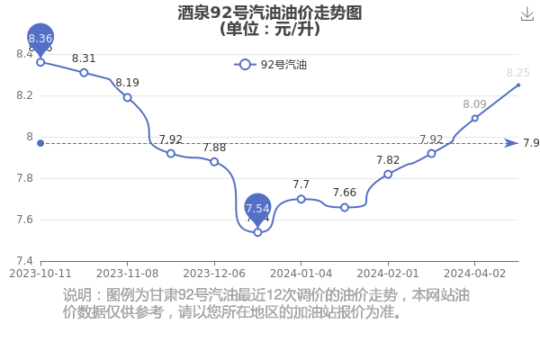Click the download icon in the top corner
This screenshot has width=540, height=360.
pyautogui.click(x=526, y=14)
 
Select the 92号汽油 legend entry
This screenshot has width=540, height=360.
pyautogui.click(x=270, y=65)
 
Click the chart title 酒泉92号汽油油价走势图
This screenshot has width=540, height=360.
pyautogui.click(x=270, y=13)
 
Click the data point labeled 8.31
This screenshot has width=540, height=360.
pyautogui.click(x=84, y=73)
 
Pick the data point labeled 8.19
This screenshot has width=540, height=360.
pyautogui.click(x=128, y=97)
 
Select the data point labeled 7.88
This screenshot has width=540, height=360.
pyautogui.click(x=214, y=162)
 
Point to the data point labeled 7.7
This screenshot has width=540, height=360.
pyautogui.click(x=301, y=199)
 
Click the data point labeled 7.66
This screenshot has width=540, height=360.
pyautogui.click(x=345, y=207)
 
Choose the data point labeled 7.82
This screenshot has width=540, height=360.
pyautogui.click(x=388, y=175)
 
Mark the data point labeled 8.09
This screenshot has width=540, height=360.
pyautogui.click(x=475, y=118)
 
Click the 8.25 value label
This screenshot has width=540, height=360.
pyautogui.click(x=518, y=73)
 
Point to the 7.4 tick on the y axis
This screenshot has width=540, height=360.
pyautogui.click(x=25, y=261)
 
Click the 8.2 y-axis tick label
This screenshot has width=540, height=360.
pyautogui.click(x=25, y=95)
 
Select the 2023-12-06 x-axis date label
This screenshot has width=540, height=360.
pyautogui.click(x=214, y=274)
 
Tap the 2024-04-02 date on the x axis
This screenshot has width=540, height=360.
pyautogui.click(x=474, y=274)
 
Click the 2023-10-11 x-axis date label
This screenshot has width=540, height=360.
pyautogui.click(x=40, y=274)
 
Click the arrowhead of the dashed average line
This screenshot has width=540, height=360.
pyautogui.click(x=511, y=143)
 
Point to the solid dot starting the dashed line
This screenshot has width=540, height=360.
pyautogui.click(x=40, y=143)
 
